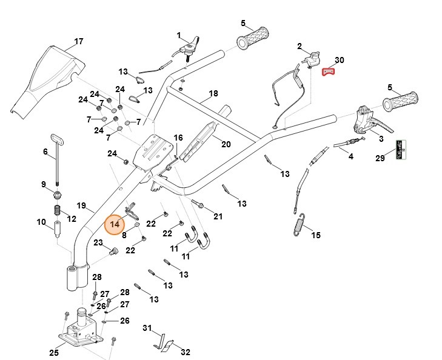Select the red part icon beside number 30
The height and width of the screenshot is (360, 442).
pos(327,72)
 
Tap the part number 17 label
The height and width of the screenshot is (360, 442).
pos(79,42)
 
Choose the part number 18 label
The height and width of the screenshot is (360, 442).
pos(213,94)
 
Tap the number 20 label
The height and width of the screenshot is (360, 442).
pos(226,144)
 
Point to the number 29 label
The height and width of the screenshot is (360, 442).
pos(380,158)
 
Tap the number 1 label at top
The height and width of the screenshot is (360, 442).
pos(179,35)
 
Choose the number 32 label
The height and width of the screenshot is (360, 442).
pos(186,352)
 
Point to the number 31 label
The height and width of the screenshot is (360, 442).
pos(146,328)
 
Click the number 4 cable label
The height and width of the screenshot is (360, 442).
pos(350,157)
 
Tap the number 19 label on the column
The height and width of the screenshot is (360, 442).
pos(82,205)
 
